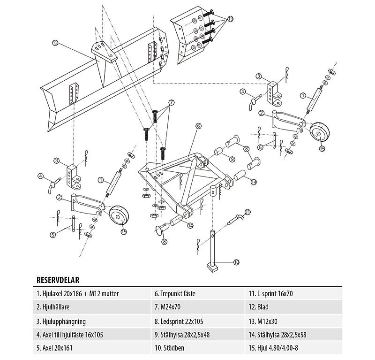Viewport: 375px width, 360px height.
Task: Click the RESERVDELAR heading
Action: coord(57,280)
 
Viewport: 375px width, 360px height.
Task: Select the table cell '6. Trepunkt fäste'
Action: coord(175,294)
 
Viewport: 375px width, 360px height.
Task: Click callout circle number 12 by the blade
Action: coord(55,43)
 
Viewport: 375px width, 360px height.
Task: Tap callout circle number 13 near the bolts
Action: coord(230,19)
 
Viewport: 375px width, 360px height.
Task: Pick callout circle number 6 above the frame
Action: coord(198,126)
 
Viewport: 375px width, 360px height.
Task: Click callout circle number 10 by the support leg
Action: coord(236,261)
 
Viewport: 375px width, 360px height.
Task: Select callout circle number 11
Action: coord(247,212)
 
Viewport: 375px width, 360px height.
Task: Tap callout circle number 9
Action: coord(232,159)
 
